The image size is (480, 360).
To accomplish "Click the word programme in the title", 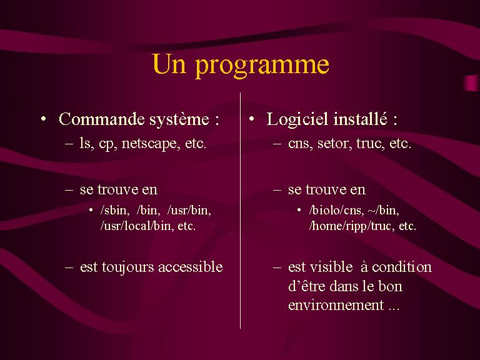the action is tap(262, 66).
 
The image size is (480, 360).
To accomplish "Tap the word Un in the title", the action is tap(169, 63).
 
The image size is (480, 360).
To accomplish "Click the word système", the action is tap(179, 119).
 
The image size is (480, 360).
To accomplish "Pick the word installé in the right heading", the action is tap(360, 119).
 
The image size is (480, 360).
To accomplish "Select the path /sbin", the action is tap(114, 210).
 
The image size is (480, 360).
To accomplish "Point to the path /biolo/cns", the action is tap(336, 210).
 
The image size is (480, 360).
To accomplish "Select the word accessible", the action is tap(191, 267).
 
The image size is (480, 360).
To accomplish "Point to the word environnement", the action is tap(336, 305).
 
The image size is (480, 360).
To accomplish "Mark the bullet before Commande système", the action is tap(44, 119).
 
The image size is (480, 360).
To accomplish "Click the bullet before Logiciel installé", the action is tap(252, 119).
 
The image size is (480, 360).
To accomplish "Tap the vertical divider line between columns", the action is tap(240, 211).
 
